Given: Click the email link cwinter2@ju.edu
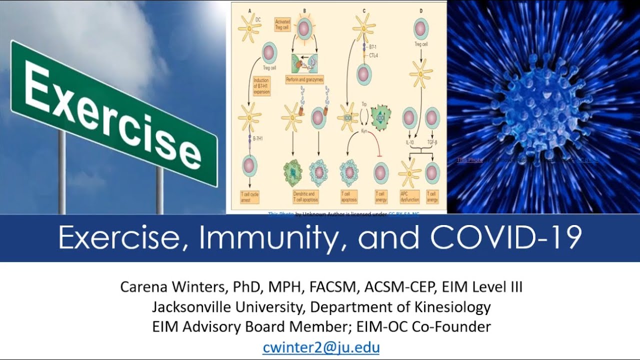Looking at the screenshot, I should click(x=320, y=347).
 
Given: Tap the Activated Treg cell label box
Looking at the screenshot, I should click(x=283, y=24).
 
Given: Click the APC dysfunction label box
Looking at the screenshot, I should click(x=409, y=197).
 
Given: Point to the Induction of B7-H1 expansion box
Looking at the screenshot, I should click(x=261, y=86).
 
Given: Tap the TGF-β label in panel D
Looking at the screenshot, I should click(x=432, y=142).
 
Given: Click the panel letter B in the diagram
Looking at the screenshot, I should click(x=304, y=10).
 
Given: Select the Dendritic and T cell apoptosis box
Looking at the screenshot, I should click(x=304, y=197).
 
